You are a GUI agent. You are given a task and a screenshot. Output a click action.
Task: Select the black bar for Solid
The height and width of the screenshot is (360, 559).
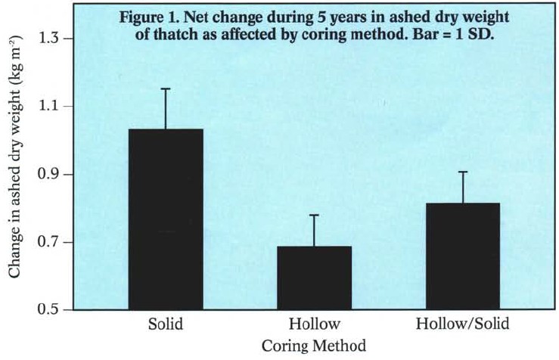tap(166, 219)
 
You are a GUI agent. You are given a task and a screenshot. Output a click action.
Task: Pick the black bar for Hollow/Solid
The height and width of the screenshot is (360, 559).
tap(463, 256)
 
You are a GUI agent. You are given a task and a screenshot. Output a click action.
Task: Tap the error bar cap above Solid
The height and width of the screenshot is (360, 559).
tap(166, 88)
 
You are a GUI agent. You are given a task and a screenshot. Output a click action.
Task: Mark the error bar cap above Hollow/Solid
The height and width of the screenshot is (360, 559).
tap(463, 172)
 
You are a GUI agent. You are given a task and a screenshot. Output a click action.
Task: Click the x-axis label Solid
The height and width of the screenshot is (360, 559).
tap(166, 325)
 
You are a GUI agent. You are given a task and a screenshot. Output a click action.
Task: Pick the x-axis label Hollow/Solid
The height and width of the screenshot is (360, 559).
tap(463, 325)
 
